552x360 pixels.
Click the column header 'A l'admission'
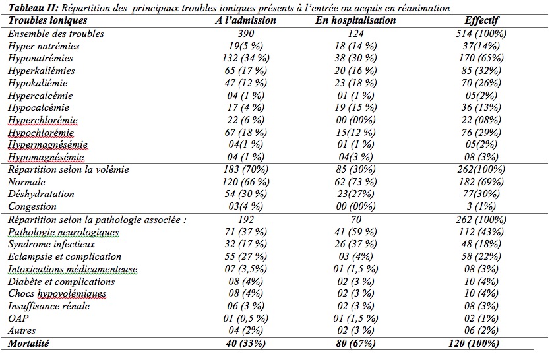click(x=246, y=20)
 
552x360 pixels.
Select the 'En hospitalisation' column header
click(x=356, y=20)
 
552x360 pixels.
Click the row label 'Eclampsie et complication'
click(x=65, y=256)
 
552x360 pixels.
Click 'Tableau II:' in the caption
click(x=30, y=8)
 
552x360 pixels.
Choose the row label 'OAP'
click(x=18, y=318)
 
